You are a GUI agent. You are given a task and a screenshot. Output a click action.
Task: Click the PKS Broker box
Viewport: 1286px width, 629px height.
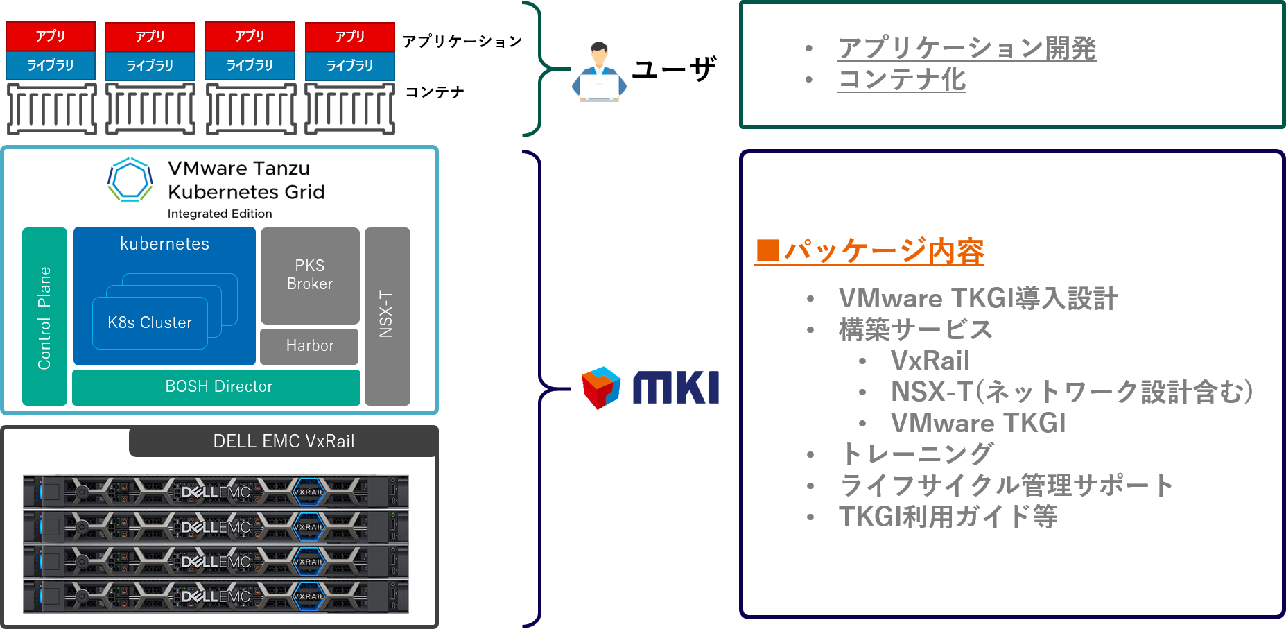[309, 275]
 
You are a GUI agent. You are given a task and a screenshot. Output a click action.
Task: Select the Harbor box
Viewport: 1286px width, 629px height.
[309, 345]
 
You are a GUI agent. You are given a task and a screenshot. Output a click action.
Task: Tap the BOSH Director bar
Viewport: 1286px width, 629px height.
[216, 386]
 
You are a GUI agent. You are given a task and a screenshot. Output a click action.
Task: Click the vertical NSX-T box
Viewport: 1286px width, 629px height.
[387, 316]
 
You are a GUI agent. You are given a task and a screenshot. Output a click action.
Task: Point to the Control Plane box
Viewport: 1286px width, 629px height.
[44, 316]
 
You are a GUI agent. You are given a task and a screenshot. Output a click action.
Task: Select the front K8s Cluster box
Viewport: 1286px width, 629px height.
[150, 322]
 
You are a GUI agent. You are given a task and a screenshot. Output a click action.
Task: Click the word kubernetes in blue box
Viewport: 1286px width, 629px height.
[164, 244]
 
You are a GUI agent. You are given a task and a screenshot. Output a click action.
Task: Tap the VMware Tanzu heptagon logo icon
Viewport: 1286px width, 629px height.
[130, 180]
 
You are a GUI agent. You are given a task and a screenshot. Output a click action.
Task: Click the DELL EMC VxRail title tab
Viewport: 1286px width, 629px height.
[283, 441]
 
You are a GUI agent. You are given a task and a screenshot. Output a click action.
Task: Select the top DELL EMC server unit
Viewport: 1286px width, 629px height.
[216, 492]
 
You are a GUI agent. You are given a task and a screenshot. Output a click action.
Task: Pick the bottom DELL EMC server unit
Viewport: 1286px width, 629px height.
[216, 596]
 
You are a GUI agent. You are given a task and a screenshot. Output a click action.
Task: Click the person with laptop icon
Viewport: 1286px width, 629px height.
[599, 73]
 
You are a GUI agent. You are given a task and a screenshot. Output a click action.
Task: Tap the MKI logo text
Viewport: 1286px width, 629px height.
[676, 388]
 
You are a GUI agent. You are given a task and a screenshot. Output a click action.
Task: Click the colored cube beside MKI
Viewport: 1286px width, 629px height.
[600, 387]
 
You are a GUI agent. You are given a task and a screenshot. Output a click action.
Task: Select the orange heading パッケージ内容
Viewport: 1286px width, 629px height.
[870, 251]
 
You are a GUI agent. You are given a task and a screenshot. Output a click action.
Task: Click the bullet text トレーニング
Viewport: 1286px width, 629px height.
[916, 454]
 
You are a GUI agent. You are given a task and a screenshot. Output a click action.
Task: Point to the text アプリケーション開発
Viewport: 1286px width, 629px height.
[966, 48]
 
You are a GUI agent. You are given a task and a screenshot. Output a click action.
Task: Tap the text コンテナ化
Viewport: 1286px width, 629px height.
[901, 80]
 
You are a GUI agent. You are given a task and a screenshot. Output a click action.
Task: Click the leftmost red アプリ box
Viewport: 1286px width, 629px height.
[51, 36]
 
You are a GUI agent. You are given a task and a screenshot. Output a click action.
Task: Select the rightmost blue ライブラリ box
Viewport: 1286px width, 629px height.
[349, 66]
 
